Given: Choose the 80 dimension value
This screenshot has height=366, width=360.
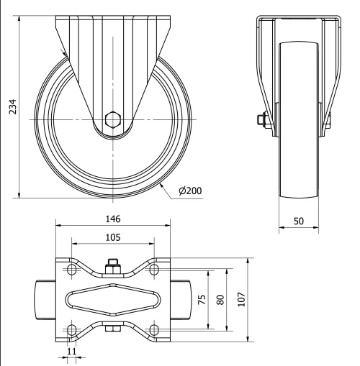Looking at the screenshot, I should (221, 299).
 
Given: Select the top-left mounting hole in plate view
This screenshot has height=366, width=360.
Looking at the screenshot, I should (71, 270).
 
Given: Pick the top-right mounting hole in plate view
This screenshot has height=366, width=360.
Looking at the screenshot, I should (153, 270).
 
